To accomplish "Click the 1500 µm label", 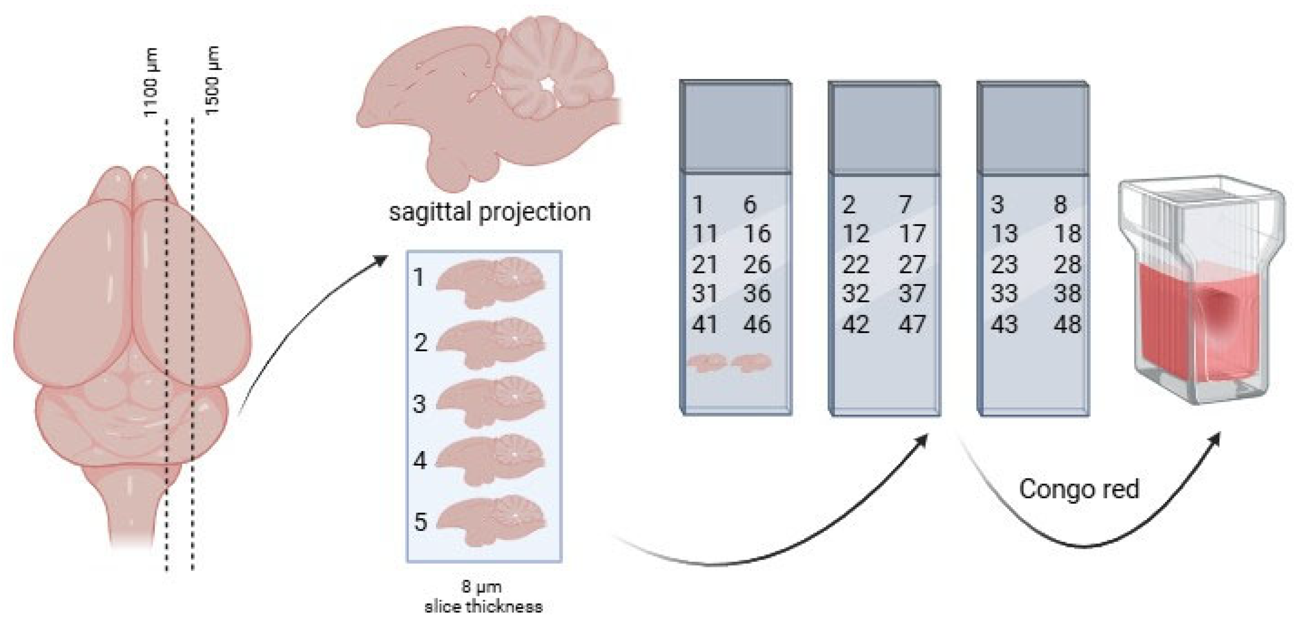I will tap(213, 81).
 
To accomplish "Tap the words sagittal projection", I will tap(489, 212).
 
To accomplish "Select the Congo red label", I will tap(1079, 489).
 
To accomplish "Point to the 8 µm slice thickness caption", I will tap(483, 597).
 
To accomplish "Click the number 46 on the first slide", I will tap(757, 324).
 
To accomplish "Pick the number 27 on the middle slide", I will tap(912, 264).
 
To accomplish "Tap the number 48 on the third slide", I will tap(1067, 324).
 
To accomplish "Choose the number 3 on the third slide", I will tap(997, 204).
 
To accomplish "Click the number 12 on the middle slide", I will tap(856, 234).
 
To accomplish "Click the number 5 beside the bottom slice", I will tap(420, 521).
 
